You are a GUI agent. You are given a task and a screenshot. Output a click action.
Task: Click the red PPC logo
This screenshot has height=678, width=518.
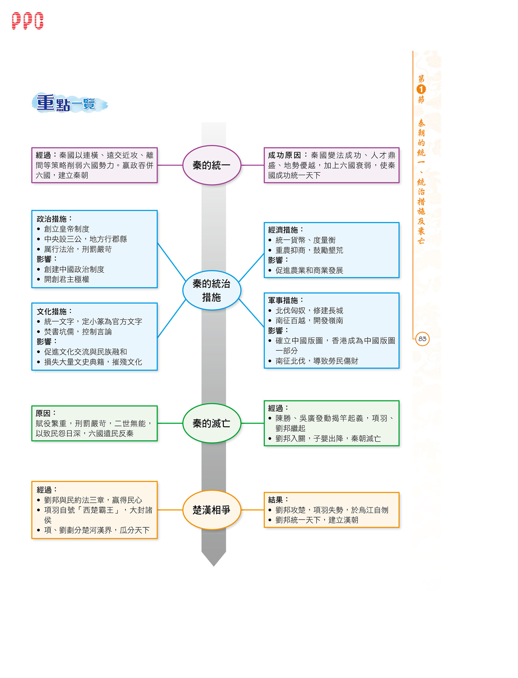coord(27,21)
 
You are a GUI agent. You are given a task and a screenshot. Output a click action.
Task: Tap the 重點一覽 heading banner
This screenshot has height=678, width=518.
coord(69,103)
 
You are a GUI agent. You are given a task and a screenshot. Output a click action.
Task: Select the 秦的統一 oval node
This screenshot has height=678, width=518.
coord(212,165)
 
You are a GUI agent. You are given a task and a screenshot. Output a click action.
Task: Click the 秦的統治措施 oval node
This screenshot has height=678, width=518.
coord(212,290)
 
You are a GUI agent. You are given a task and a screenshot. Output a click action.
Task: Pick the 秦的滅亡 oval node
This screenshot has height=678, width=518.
coord(212,423)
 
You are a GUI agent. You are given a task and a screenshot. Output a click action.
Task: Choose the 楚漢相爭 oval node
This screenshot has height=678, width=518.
coord(212,510)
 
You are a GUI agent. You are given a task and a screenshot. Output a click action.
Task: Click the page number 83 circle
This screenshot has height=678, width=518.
coord(422,339)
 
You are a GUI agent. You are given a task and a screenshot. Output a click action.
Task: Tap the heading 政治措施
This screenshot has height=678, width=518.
coord(52,219)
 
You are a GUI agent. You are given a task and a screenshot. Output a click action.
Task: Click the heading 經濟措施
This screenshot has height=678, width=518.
coord(283,230)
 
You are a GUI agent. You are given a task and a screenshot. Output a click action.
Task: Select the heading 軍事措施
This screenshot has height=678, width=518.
coord(283,301)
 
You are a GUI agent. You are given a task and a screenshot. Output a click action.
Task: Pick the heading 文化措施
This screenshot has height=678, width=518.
coord(52,311)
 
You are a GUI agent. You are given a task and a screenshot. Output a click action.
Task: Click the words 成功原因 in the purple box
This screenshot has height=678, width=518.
coord(284,155)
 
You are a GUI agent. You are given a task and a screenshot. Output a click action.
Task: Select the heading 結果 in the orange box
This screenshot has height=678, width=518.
coord(276,500)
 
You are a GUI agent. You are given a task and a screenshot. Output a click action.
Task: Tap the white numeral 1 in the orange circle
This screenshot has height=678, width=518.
coord(421,89)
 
